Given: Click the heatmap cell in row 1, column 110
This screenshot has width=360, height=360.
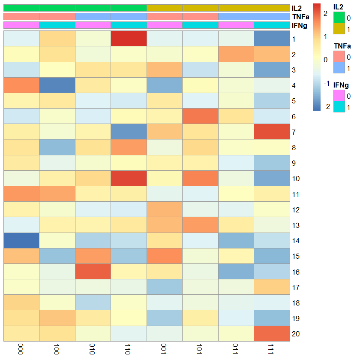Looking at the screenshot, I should tap(129, 39).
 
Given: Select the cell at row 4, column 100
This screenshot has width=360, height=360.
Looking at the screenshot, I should tap(57, 85).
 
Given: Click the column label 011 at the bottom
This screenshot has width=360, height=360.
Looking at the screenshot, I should tap(236, 349).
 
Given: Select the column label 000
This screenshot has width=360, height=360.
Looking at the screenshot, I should tap(21, 349).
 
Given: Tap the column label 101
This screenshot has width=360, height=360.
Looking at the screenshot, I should tap(200, 349).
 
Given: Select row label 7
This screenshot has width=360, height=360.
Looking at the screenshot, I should tap(294, 132).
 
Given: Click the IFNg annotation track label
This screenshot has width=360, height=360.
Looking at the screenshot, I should tap(298, 25).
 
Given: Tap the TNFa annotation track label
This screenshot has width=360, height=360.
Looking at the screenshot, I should tap(298, 17).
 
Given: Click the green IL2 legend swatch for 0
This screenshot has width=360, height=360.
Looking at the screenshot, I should tap(339, 18).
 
